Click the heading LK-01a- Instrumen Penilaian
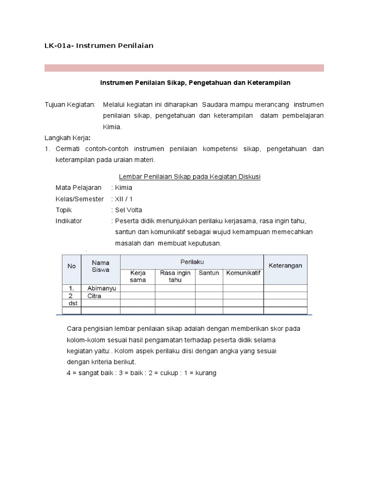(99, 46)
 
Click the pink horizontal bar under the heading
(184, 68)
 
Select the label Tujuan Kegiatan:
(70, 105)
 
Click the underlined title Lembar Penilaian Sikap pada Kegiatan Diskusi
(189, 176)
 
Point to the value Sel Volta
(128, 210)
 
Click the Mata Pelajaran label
(78, 188)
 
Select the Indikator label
(69, 221)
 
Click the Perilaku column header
(192, 262)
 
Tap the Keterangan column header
(285, 266)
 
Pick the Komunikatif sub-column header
(243, 273)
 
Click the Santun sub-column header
(209, 273)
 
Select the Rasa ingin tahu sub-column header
(175, 276)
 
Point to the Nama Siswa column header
(101, 266)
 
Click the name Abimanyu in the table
(102, 288)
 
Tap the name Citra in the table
(94, 296)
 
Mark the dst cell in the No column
(73, 303)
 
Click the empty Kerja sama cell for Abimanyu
(138, 288)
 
